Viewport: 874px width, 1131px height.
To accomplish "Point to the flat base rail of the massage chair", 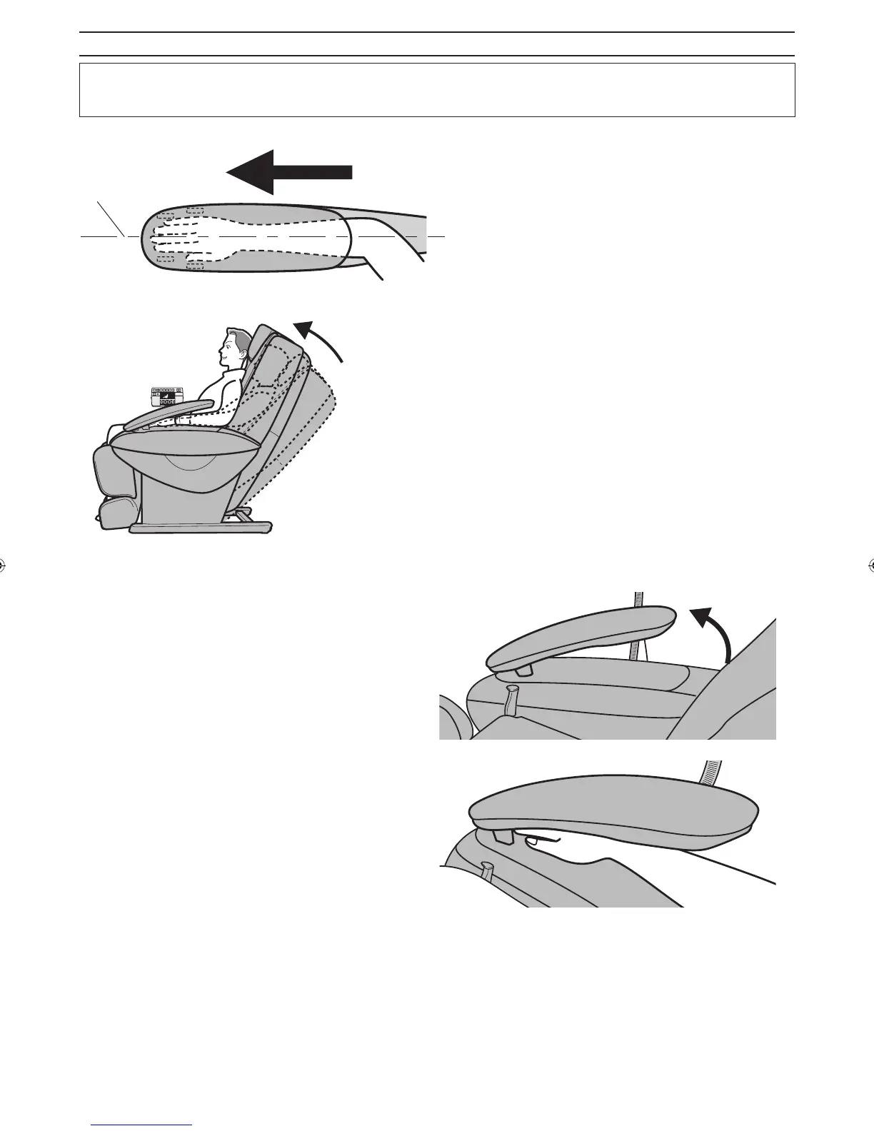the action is (x=200, y=528).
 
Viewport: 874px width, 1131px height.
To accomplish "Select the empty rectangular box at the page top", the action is (x=437, y=90).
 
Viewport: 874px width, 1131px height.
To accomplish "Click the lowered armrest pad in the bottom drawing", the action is (x=614, y=814).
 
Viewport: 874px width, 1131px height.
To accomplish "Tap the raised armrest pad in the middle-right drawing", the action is (x=578, y=632).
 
